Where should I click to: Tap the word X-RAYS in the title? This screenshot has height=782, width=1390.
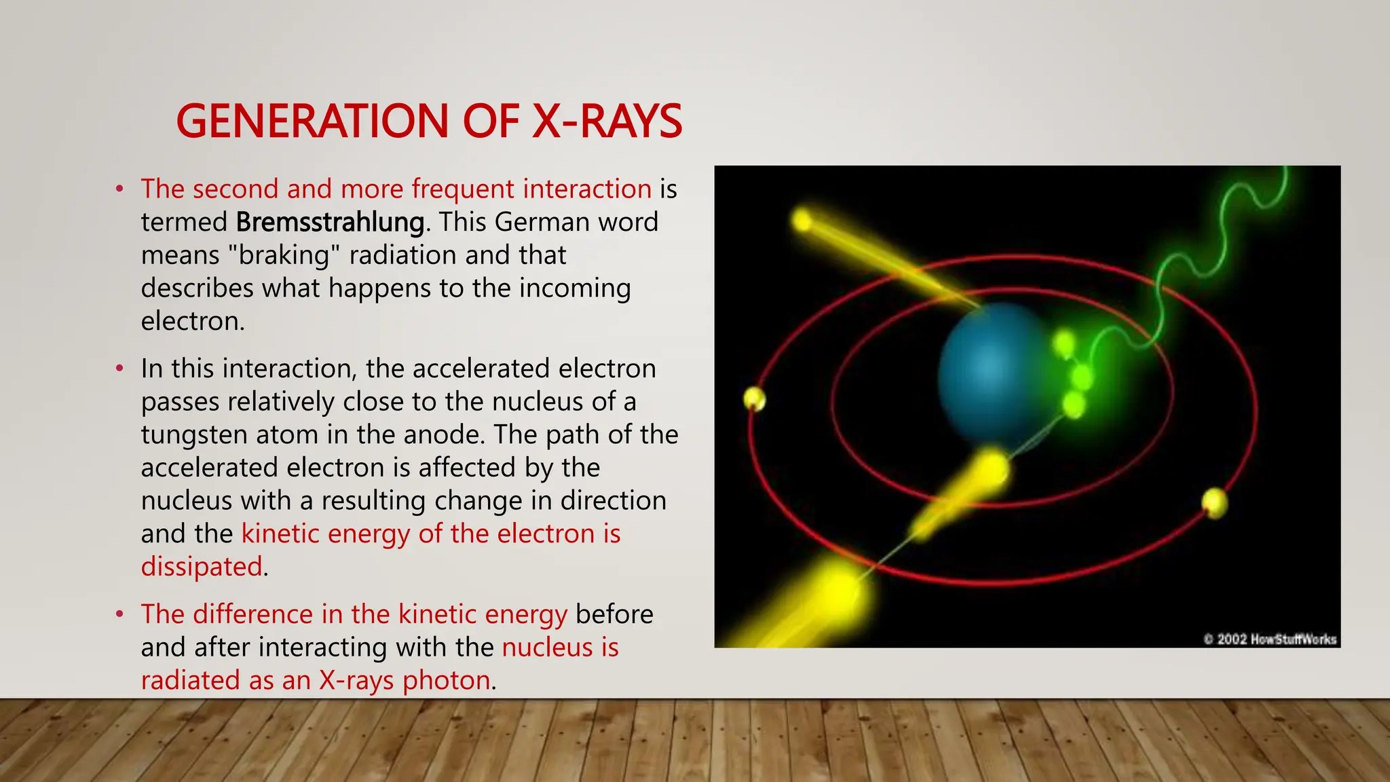pos(607,122)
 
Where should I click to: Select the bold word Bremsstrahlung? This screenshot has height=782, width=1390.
pos(331,222)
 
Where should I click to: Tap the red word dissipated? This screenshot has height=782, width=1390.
pos(202,567)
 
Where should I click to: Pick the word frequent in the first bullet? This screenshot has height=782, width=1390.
pos(463,189)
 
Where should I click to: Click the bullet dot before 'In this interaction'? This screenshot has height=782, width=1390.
pos(119,369)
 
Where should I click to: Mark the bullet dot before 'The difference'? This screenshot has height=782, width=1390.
pos(119,614)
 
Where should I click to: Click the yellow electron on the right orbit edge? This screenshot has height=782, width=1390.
pos(1214,503)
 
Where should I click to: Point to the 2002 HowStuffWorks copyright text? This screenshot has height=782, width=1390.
pos(1270,639)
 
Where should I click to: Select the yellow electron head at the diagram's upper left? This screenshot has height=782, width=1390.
pos(802,220)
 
